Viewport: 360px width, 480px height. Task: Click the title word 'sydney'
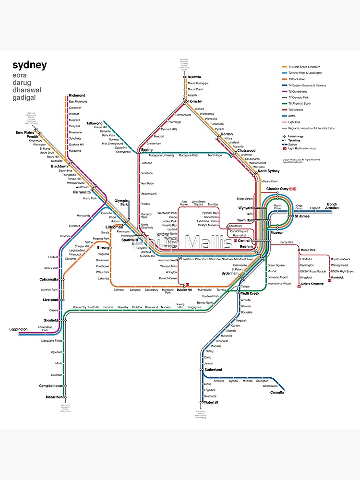pyautogui.click(x=29, y=65)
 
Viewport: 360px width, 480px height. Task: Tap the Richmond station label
pyautogui.click(x=77, y=96)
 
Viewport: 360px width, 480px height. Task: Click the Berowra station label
pyautogui.click(x=194, y=77)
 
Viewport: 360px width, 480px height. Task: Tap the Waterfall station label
pyautogui.click(x=211, y=402)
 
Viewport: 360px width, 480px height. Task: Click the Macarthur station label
pyautogui.click(x=54, y=397)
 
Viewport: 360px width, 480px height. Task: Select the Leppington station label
pyautogui.click(x=19, y=329)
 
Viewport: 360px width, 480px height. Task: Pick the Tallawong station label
pyautogui.click(x=94, y=123)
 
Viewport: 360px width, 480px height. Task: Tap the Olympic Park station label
pyautogui.click(x=121, y=203)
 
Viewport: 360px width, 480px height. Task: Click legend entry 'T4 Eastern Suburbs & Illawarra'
pyautogui.click(x=307, y=85)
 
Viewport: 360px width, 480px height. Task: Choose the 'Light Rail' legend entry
pyautogui.click(x=298, y=122)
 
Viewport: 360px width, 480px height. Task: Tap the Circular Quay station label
pyautogui.click(x=277, y=189)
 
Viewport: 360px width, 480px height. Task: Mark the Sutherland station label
pyautogui.click(x=213, y=370)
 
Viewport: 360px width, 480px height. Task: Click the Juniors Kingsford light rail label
pyautogui.click(x=312, y=284)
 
